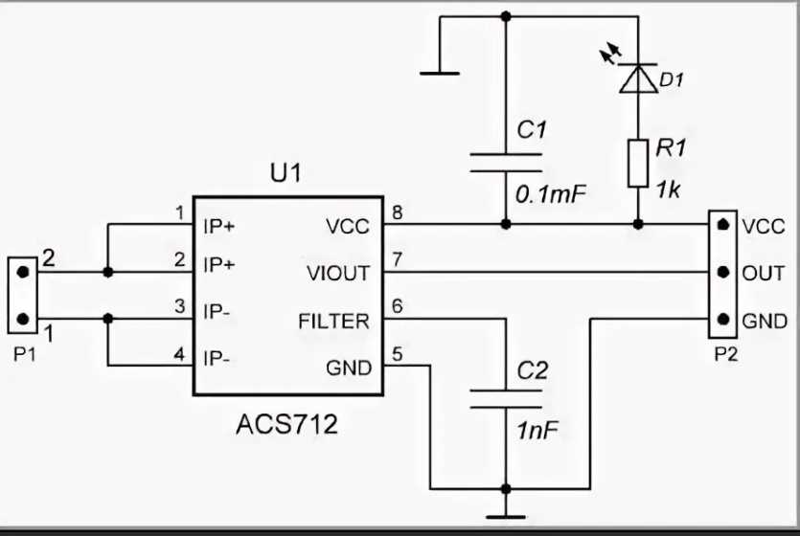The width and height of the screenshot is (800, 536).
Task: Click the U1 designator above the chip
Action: click(x=286, y=174)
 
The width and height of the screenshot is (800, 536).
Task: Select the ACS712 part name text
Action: click(x=286, y=422)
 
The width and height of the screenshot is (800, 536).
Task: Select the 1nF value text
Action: click(x=537, y=431)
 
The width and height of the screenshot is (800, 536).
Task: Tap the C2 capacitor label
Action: click(x=532, y=370)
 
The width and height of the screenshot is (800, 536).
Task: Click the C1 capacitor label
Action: click(x=532, y=130)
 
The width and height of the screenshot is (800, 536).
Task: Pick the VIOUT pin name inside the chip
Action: click(x=337, y=274)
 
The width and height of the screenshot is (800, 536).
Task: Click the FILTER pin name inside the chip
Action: click(x=332, y=321)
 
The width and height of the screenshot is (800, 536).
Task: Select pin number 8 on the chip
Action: click(x=395, y=212)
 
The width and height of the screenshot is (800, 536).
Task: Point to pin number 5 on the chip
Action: click(x=395, y=351)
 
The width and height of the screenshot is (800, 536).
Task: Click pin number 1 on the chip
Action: click(x=179, y=212)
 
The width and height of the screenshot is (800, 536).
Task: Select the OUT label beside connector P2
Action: click(x=764, y=274)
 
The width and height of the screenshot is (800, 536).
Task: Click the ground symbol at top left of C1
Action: click(x=438, y=70)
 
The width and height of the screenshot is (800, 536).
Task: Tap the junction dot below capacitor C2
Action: click(x=506, y=488)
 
